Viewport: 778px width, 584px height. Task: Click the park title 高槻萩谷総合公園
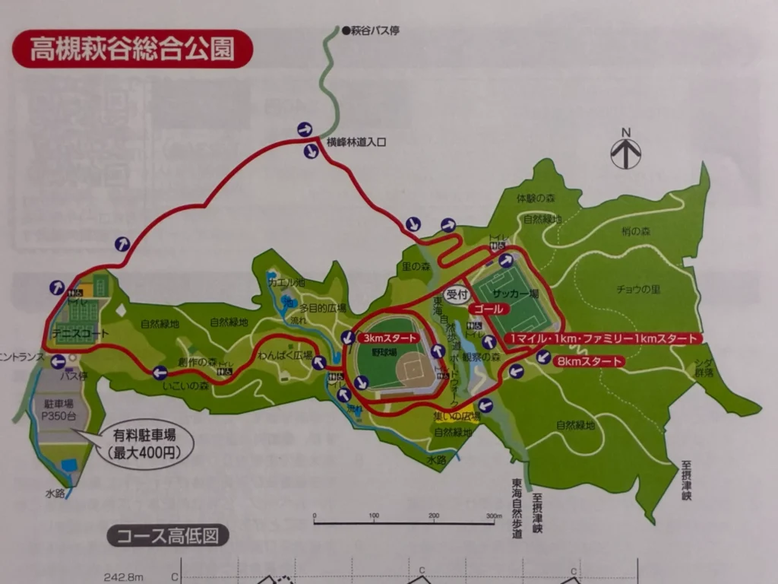click(x=131, y=49)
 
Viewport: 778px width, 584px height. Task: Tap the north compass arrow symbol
click(x=626, y=151)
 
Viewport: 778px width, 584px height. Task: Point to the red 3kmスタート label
click(x=389, y=338)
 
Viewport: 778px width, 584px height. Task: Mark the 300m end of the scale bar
click(x=493, y=522)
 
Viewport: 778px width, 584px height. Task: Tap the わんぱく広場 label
click(x=286, y=355)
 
